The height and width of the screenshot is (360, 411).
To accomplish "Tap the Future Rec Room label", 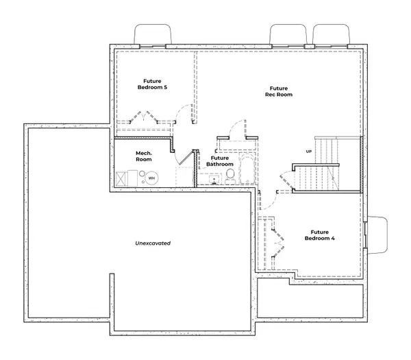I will (278, 91).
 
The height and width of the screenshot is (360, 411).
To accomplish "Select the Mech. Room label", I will (143, 156).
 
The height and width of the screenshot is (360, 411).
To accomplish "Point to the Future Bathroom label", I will (220, 161).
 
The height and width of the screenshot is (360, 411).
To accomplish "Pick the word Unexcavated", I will (152, 243).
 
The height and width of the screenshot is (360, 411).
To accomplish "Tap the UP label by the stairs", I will (309, 151).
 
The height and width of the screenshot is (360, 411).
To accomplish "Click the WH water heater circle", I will (151, 178).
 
